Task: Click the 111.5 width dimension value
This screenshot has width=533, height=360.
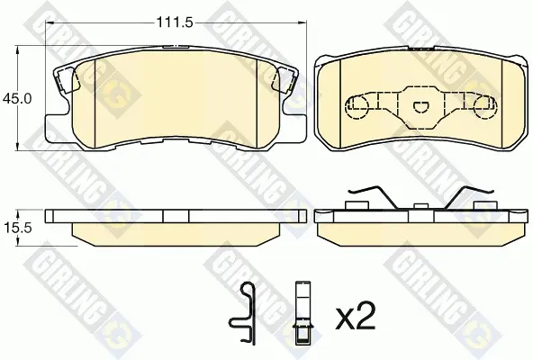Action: (175, 22)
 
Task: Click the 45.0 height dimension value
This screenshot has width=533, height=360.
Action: (16, 99)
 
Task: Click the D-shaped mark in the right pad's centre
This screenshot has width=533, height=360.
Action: (421, 107)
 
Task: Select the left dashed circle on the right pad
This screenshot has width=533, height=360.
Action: (357, 106)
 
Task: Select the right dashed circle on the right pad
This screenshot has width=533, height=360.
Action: (486, 106)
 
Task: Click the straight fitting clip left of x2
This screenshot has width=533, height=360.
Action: (303, 312)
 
